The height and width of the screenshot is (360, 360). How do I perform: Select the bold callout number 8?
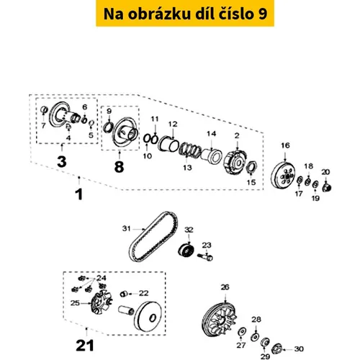point(120,166)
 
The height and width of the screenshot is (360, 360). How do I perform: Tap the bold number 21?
point(85,346)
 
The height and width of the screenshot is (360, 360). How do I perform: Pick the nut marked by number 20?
point(327,187)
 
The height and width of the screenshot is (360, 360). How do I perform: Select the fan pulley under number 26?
point(219,320)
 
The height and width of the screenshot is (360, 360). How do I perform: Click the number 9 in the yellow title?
point(263,14)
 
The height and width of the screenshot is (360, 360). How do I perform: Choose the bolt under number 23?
point(205,257)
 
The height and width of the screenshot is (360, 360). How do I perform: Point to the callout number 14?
point(212,133)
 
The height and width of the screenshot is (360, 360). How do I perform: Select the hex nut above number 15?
point(251,166)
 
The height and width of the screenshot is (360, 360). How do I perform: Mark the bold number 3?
point(62,161)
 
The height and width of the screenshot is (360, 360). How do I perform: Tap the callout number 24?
point(101,278)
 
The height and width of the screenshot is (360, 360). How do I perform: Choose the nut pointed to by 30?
point(276,348)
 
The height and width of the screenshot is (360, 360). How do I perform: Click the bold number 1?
point(79,194)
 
